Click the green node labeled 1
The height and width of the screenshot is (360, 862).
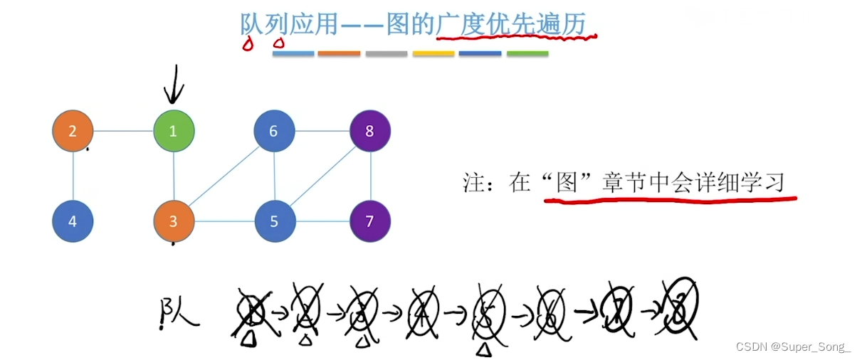174,131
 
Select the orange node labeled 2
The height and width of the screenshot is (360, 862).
73,131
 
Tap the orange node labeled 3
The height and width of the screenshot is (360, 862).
174,221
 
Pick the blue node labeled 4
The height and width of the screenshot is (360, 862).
73,221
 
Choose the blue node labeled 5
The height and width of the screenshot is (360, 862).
275,221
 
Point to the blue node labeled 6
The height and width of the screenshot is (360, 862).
275,131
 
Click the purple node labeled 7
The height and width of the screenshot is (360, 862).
370,221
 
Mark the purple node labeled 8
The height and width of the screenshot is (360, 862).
370,131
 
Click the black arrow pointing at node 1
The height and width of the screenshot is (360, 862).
174,85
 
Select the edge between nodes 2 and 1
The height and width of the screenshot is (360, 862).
124,131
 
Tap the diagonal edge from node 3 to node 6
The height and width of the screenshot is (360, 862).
224,176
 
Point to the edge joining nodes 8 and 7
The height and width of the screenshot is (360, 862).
370,176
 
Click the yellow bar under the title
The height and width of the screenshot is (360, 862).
433,54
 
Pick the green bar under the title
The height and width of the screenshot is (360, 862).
527,54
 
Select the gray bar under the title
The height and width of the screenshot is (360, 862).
387,54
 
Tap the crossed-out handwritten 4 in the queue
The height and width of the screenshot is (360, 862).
423,313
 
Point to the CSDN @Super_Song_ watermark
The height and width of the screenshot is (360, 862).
793,347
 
